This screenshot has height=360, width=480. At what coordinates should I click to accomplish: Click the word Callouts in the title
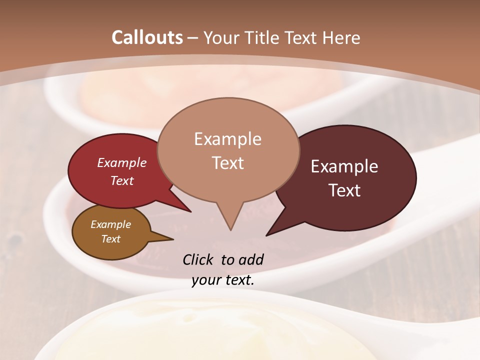pyautogui.click(x=147, y=37)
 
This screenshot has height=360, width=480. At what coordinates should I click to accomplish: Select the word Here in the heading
pyautogui.click(x=341, y=37)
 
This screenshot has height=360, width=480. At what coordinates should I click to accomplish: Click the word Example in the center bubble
pyautogui.click(x=227, y=139)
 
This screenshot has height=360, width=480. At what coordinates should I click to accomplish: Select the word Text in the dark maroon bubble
pyautogui.click(x=344, y=190)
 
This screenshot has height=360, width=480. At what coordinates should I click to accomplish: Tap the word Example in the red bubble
pyautogui.click(x=121, y=162)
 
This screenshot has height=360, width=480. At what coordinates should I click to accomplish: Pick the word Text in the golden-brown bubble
pyautogui.click(x=110, y=239)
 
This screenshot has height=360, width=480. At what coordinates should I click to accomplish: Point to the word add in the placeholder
pyautogui.click(x=250, y=259)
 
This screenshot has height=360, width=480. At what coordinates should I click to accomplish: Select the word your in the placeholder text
pyautogui.click(x=206, y=280)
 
